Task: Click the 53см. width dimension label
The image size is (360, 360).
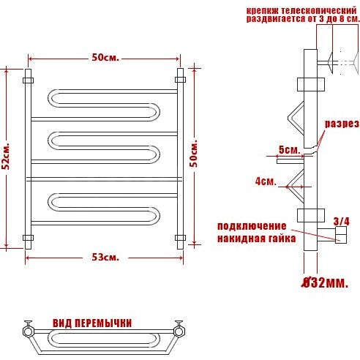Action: tap(105, 257)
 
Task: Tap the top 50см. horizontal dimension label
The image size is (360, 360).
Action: tap(105, 58)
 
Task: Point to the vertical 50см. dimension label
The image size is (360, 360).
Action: tap(194, 154)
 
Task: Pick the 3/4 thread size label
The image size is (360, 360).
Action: tap(341, 222)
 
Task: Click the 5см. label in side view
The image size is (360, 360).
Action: tap(289, 149)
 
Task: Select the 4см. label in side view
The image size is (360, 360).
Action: tap(266, 181)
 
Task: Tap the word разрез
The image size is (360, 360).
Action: tap(342, 124)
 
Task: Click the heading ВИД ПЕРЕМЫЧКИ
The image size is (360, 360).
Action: tap(92, 323)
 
